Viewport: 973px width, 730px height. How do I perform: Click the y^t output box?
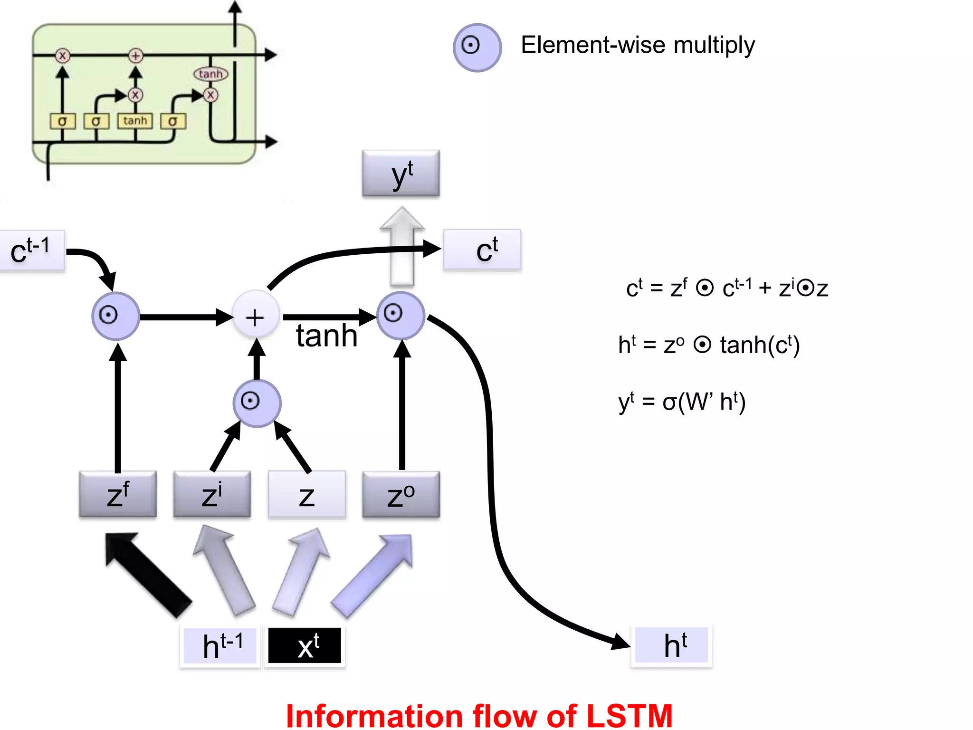[x=401, y=173]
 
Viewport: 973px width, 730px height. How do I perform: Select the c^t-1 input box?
[x=31, y=250]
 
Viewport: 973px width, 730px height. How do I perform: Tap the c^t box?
[x=482, y=250]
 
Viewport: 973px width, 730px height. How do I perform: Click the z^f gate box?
[x=117, y=494]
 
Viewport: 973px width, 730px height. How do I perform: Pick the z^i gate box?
[x=212, y=494]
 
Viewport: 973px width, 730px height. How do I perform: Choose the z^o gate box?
[x=401, y=494]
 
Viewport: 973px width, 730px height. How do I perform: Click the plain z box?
[x=306, y=494]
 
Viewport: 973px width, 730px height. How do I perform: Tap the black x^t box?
[x=305, y=645]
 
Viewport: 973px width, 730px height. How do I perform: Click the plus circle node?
[x=255, y=317]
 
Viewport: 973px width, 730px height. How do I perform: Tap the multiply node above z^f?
[x=115, y=316]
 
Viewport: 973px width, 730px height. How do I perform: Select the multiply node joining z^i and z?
[x=257, y=403]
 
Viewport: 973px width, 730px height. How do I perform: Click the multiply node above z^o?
[x=401, y=315]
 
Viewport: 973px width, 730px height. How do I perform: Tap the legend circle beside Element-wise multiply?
[x=477, y=48]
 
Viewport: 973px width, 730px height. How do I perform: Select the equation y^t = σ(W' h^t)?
[x=682, y=402]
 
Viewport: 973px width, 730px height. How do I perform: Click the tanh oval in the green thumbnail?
[x=210, y=74]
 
